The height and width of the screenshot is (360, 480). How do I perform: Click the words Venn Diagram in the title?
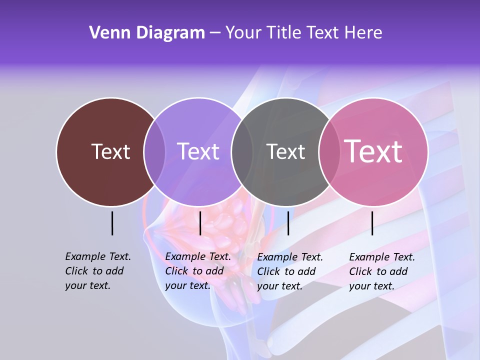tap(147, 33)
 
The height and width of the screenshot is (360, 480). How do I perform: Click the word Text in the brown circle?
tap(110, 151)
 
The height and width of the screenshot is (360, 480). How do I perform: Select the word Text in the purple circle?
tap(198, 151)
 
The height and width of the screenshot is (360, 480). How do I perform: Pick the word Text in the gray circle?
tap(285, 151)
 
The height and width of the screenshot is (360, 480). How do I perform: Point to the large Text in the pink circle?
tap(373, 151)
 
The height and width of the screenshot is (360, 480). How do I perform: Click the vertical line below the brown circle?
tap(112, 223)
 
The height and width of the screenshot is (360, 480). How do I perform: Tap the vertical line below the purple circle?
tap(200, 223)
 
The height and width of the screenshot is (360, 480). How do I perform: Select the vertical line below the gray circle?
tap(288, 223)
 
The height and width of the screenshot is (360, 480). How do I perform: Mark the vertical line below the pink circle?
tap(372, 223)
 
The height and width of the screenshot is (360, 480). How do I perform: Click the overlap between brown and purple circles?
tap(154, 152)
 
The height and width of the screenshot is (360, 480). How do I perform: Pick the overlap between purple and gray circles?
tap(242, 152)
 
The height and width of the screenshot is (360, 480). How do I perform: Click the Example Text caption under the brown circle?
tap(97, 271)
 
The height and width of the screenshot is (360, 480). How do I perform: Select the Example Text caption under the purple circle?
tap(197, 271)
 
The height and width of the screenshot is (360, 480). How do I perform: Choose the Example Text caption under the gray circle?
tap(289, 271)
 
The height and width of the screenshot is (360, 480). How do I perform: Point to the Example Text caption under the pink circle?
tap(381, 271)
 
